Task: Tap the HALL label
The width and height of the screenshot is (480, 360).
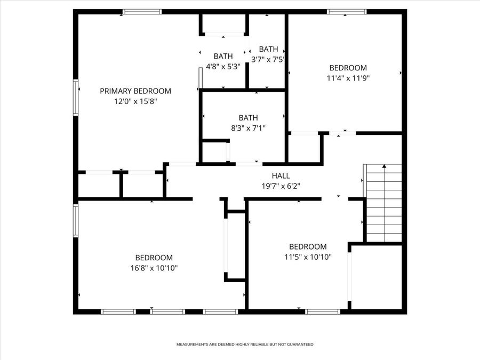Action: point(281,175)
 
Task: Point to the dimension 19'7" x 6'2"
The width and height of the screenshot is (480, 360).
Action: point(281,186)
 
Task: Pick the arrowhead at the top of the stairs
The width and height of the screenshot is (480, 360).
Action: point(384,167)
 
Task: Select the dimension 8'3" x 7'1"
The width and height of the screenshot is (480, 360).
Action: point(248,127)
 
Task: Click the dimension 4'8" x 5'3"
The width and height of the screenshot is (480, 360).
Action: point(223,67)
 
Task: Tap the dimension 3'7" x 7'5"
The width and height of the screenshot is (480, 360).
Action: point(268,60)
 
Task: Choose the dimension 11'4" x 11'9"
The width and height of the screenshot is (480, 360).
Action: point(348,78)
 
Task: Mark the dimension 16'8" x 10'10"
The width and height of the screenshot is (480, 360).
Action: point(154,268)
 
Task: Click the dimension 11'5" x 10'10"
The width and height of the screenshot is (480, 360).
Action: point(308,257)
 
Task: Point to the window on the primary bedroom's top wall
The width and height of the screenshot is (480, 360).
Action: point(142,11)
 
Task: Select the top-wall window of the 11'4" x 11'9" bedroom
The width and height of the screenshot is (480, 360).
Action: point(347,11)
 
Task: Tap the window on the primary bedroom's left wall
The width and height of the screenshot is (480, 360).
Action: point(76,97)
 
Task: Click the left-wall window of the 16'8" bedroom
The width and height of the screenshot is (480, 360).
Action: point(76,221)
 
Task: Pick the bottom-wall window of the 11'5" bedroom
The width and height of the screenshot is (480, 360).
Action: point(323,311)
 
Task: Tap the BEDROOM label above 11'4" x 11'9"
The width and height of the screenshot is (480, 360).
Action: point(348,68)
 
